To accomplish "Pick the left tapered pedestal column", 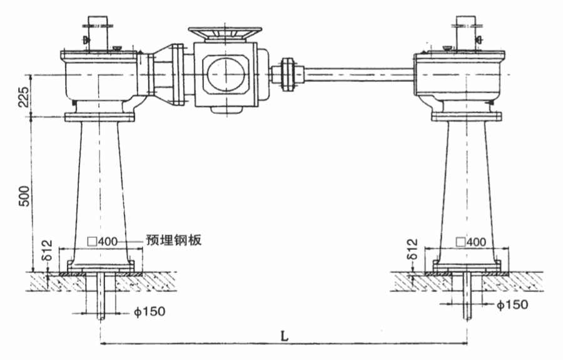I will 100,188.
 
